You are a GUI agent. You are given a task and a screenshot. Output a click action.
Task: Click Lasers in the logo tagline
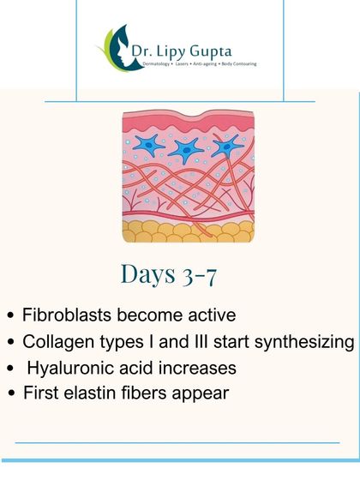(180, 63)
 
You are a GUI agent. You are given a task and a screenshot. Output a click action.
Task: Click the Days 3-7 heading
(180, 274)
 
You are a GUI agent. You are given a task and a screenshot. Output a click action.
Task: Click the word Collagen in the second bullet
(69, 342)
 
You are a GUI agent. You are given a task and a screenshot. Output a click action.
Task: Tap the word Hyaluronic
(77, 369)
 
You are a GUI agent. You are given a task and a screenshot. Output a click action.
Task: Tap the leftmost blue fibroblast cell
(145, 147)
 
